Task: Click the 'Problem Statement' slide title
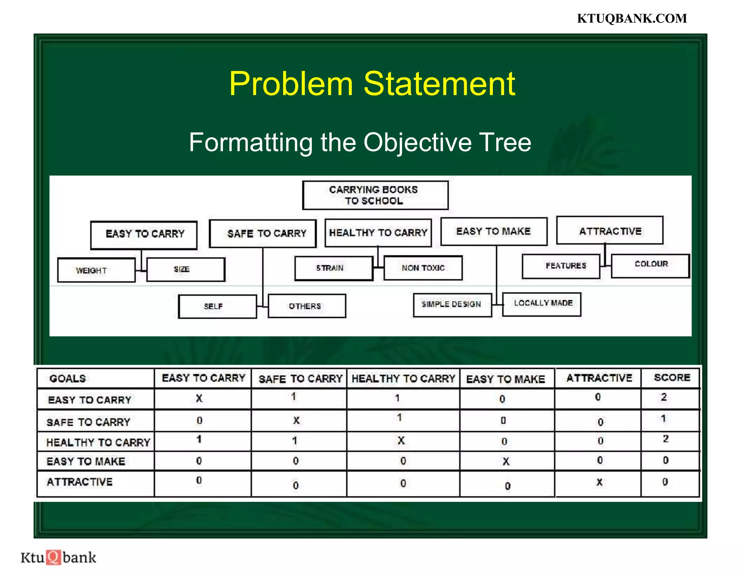(x=372, y=84)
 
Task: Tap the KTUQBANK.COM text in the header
(x=632, y=18)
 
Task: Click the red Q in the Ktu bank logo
(x=54, y=557)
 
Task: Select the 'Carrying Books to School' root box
(x=375, y=195)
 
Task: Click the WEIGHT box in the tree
(x=96, y=270)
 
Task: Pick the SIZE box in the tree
(x=186, y=269)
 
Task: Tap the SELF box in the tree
(x=217, y=306)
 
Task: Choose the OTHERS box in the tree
(x=307, y=306)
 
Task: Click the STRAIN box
(x=333, y=268)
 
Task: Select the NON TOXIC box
(x=423, y=268)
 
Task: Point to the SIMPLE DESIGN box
(x=452, y=304)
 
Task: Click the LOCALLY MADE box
(x=542, y=304)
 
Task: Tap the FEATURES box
(x=561, y=266)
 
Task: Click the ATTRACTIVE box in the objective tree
(x=610, y=231)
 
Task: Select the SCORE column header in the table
(x=672, y=377)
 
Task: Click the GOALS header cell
(x=68, y=379)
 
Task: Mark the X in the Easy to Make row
(x=506, y=461)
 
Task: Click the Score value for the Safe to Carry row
(x=663, y=419)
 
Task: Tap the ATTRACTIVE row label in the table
(x=80, y=482)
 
